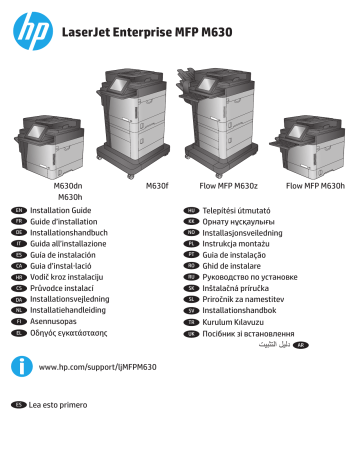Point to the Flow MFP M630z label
(x=228, y=186)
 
